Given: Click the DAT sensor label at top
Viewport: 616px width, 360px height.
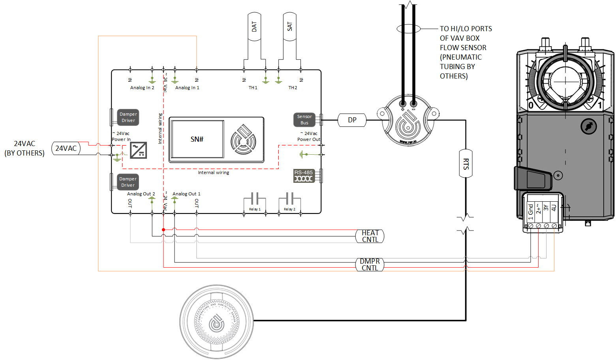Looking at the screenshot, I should [x=254, y=26].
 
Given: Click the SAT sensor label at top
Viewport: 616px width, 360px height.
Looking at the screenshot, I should [x=290, y=26].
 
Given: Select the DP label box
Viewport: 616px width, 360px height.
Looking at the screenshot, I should [x=352, y=120].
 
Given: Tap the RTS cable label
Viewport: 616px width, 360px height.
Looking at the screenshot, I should [x=466, y=163].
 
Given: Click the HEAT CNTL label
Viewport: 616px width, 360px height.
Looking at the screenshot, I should [x=370, y=236].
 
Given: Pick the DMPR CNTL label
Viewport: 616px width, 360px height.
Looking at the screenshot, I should [x=370, y=264].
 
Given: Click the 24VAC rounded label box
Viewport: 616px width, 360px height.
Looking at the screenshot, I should [x=66, y=148].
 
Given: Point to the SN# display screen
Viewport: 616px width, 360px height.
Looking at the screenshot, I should [x=197, y=139].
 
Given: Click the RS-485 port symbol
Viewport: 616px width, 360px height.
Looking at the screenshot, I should [x=303, y=176].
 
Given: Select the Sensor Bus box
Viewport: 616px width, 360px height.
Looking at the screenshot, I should [x=304, y=120].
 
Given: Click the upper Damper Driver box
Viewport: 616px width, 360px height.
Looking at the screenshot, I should [x=128, y=117].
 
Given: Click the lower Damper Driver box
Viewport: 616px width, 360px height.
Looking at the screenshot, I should [x=128, y=182].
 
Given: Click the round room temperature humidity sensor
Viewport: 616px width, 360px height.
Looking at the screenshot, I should [x=216, y=322].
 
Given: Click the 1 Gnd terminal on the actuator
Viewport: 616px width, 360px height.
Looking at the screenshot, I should [x=531, y=212].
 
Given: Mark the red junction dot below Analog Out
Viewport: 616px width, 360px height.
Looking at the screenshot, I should [x=163, y=230].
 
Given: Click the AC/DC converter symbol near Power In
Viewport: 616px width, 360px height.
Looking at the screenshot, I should [x=139, y=150].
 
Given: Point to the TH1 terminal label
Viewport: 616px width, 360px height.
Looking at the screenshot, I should [x=253, y=88].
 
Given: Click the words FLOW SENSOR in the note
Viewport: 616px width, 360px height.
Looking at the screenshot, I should [x=463, y=48].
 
